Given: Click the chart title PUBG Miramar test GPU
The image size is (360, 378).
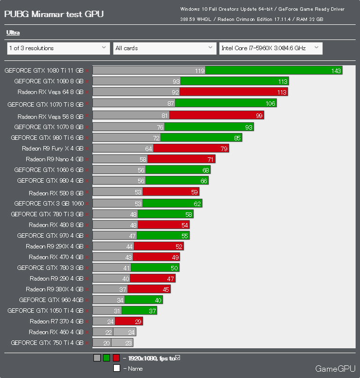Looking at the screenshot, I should coord(54,14).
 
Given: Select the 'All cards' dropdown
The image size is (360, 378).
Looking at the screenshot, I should coord(164,48).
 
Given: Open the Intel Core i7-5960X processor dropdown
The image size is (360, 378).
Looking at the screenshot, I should coord(270,48).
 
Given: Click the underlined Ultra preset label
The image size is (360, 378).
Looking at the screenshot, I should coord(13,33).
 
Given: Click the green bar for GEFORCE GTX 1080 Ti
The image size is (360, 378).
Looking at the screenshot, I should coord(273,71).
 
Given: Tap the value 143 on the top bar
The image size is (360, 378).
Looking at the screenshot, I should coord(336,71).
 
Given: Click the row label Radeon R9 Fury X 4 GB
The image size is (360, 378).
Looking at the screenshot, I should coord(53,149).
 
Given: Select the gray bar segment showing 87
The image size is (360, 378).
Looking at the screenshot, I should coord(134,103).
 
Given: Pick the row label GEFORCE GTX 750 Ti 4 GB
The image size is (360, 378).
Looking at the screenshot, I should coord(47,342).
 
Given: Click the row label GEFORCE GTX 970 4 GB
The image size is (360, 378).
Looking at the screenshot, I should coord(50,236).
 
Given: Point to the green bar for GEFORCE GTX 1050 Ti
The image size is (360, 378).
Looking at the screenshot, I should coord(139,311).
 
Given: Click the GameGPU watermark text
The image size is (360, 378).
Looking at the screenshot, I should coord(335,369).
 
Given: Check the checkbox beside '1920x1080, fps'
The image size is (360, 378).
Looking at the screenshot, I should coord(178,358).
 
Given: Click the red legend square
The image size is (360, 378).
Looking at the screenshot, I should coord(116,358).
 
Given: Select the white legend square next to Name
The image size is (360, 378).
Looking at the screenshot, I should coord(116,368).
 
